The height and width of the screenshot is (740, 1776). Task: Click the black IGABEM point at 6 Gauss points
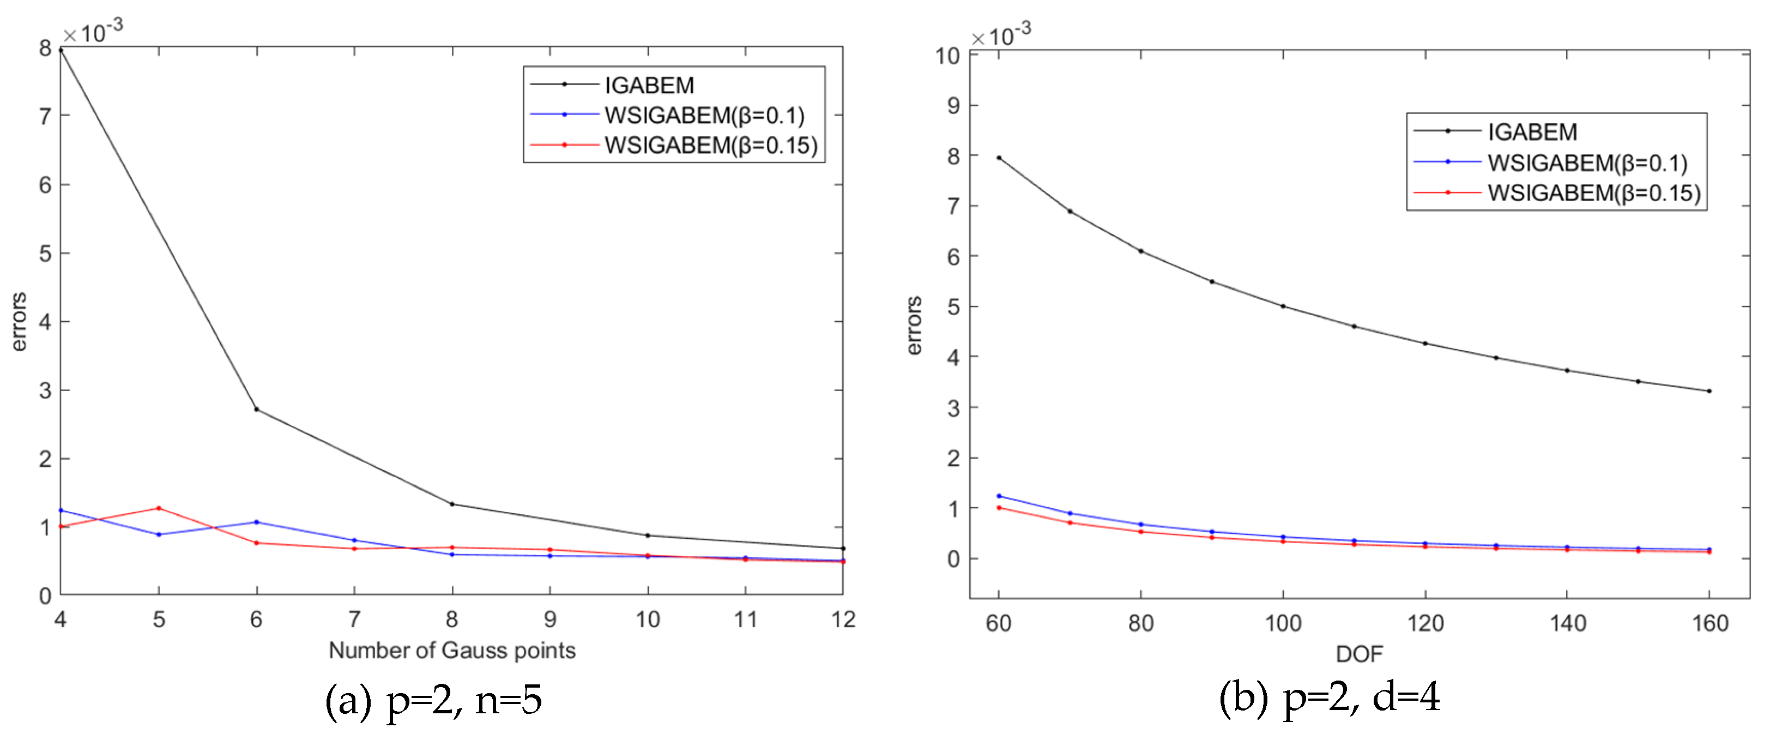(256, 410)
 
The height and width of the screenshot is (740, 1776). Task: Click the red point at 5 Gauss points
(159, 508)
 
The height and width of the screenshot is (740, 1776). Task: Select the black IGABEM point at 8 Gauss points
(452, 504)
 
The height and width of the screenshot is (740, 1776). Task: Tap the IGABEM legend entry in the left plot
(648, 85)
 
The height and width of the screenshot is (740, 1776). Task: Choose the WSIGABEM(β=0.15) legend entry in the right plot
(1593, 193)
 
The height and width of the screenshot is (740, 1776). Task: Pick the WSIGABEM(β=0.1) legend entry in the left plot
(703, 115)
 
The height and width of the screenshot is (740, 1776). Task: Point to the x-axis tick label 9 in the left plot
(549, 619)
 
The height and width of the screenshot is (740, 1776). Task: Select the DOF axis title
(1359, 654)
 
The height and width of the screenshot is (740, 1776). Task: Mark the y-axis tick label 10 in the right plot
(947, 56)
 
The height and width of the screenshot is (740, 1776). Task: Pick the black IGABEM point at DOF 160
(1709, 391)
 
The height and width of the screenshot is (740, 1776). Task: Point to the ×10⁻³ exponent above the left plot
(93, 31)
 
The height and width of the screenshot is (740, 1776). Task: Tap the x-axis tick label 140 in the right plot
(1568, 623)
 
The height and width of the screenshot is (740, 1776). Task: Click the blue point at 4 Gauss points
(62, 510)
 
